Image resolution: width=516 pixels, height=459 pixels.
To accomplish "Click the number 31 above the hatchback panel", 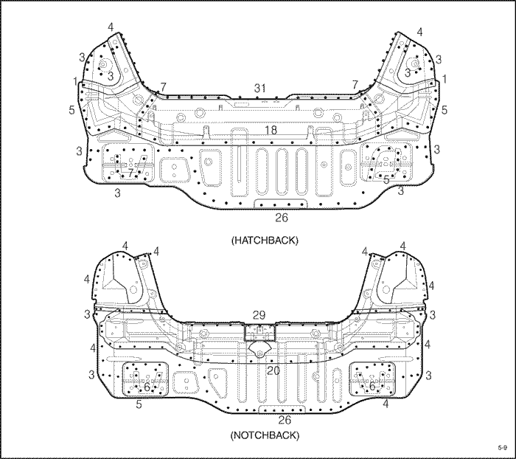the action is [260, 89].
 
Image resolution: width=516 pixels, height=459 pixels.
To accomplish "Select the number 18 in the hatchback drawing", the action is [271, 130].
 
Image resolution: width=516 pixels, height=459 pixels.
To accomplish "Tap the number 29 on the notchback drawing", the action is [259, 315].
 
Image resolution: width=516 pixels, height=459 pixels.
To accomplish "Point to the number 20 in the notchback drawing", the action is [273, 370].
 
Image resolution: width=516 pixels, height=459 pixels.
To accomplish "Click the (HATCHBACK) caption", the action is [265, 241].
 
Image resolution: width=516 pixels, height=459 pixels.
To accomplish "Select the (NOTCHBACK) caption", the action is [265, 435].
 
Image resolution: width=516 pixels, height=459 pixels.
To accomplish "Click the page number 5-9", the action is [502, 447].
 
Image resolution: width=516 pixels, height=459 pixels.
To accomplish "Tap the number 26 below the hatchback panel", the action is [282, 218].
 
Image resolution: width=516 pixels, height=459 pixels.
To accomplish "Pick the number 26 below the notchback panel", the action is [285, 420].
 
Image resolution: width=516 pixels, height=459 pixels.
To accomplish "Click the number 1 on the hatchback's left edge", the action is [76, 81].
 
